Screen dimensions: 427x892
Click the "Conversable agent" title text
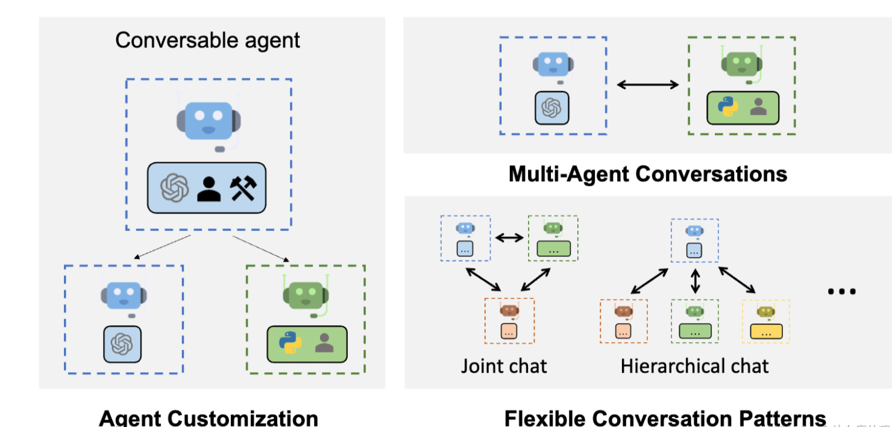point(207,40)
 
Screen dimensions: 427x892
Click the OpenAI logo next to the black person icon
point(175,189)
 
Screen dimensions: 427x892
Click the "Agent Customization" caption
point(208,417)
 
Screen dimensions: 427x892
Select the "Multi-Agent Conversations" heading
point(648,173)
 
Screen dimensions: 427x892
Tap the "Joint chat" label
point(504,366)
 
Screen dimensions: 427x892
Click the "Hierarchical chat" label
point(695,366)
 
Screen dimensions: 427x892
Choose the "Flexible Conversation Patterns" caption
point(665,417)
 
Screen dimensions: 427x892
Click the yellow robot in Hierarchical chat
point(765,311)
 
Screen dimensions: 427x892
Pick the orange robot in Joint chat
point(509,310)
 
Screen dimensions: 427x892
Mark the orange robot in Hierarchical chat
point(623,311)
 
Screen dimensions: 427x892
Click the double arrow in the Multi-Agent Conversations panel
point(648,85)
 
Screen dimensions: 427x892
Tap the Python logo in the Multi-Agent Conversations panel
point(728,107)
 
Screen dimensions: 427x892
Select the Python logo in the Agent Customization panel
point(290,343)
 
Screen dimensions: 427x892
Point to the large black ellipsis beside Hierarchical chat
point(841,291)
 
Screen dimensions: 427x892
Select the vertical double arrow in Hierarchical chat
point(696,281)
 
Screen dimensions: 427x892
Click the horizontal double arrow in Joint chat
point(509,237)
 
